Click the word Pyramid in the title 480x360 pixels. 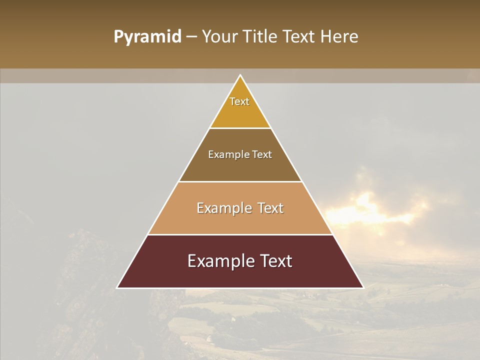click(x=147, y=37)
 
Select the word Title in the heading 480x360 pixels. click(x=262, y=36)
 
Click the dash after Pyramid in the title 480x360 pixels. click(x=191, y=37)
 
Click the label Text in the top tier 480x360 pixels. click(x=239, y=101)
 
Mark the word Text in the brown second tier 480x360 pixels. click(x=262, y=154)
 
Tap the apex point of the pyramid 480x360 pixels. click(x=240, y=75)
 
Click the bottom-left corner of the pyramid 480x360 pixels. click(x=117, y=287)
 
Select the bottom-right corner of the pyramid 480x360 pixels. click(x=363, y=287)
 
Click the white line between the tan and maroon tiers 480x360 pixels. click(x=240, y=234)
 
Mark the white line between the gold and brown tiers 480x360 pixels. click(x=240, y=128)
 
